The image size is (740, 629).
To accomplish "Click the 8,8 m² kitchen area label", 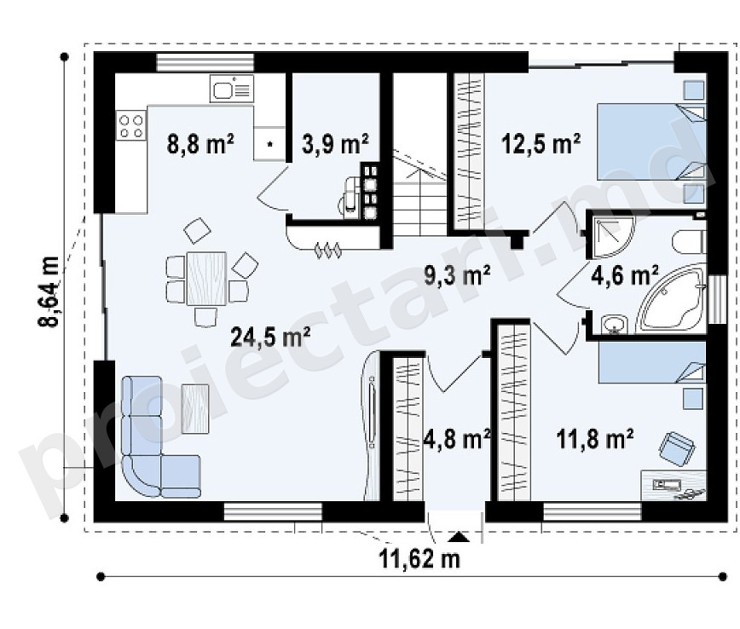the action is click(x=200, y=143).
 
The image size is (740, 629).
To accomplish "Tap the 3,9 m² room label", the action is click(x=335, y=143).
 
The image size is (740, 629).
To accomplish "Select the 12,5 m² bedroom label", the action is click(x=541, y=143).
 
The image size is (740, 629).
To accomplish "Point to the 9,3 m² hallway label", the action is click(x=457, y=275).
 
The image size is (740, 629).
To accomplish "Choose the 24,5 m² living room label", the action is click(x=270, y=337).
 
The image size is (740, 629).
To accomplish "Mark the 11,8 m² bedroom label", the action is click(x=595, y=439).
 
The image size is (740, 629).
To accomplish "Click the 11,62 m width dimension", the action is click(x=419, y=559).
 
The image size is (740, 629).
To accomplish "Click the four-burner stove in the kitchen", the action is click(x=131, y=126).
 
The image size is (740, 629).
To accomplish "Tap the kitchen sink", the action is click(x=232, y=89).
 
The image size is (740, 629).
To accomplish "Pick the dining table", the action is click(x=206, y=279).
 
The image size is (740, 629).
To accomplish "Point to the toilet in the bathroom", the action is click(x=689, y=241).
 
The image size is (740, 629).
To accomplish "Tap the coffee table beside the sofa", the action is click(x=195, y=408).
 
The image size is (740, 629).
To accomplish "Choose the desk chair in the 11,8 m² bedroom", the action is click(x=677, y=448).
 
